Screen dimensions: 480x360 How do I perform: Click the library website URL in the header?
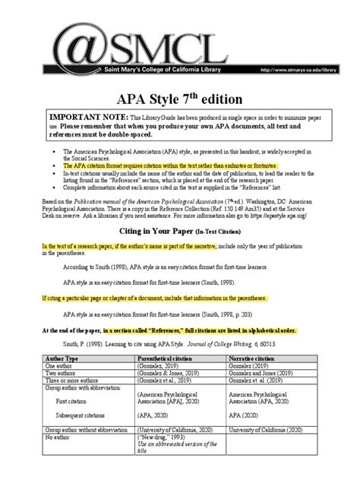298,69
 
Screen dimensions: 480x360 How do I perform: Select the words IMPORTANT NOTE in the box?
84,119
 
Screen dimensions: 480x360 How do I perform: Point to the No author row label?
58,437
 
